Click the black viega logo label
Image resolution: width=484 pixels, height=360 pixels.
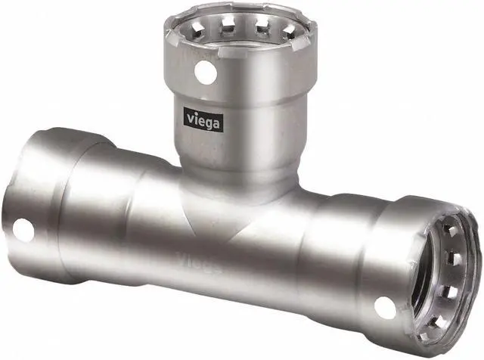(x=203, y=119)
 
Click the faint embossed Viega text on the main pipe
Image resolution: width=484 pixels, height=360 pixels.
(x=199, y=262)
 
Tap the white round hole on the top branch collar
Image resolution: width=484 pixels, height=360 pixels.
(x=205, y=73)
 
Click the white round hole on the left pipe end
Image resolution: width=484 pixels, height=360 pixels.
(x=23, y=230)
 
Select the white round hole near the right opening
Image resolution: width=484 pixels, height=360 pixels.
(x=385, y=308)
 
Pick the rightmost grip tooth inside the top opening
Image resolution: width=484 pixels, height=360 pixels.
(x=290, y=31)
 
